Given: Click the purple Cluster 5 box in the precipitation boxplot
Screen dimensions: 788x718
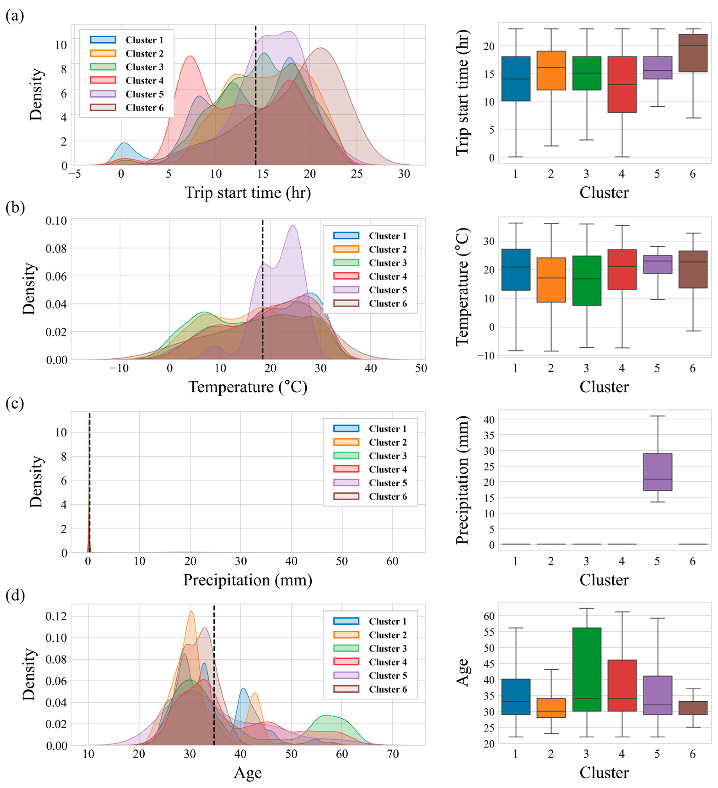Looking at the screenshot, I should point(657,472).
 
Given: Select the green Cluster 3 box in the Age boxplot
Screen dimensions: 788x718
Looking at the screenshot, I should point(586,669).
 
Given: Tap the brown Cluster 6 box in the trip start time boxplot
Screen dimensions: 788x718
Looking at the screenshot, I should point(693,53).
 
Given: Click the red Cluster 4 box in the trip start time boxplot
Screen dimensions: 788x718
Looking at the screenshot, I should point(622,84).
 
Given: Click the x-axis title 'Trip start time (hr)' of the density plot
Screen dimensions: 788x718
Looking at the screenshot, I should point(248,193).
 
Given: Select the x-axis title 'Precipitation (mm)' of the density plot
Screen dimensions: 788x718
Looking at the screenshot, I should point(248,580).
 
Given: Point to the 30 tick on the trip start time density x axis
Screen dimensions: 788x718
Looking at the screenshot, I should point(404,174).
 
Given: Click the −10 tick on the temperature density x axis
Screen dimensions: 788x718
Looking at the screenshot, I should point(119,368).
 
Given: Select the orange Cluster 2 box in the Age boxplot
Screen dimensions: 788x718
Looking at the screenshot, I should point(551,708).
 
